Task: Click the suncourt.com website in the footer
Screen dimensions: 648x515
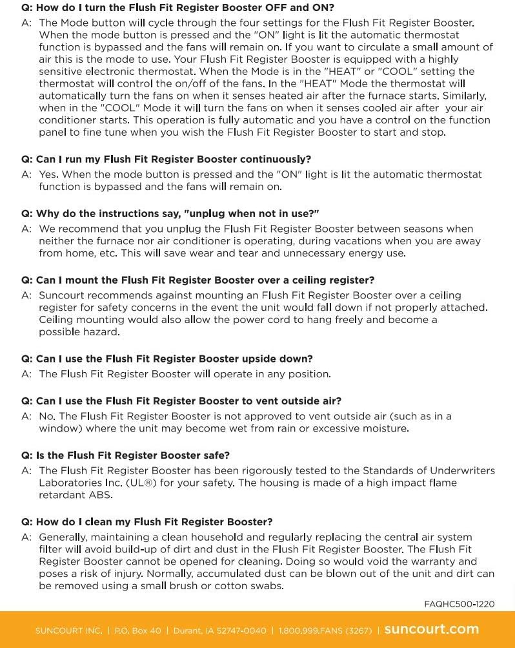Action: [431, 629]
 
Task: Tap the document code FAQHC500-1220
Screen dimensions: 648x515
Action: [459, 604]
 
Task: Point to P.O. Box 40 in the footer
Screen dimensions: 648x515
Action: [137, 630]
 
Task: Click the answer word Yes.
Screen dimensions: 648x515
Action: [48, 174]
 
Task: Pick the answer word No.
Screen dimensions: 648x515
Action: [46, 416]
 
